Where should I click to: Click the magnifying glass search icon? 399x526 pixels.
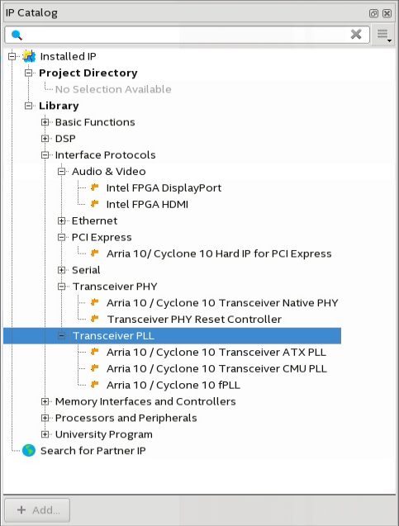17,35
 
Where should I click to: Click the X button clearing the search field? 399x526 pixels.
356,34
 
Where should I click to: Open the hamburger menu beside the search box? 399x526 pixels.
383,35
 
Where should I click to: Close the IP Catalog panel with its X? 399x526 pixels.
387,13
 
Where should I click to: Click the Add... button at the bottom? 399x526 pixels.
37,510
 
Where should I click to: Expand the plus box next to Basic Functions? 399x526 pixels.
45,122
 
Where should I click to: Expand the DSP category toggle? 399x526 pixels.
45,139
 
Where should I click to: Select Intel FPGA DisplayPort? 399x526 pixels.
164,188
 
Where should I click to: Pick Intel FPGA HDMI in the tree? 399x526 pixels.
147,204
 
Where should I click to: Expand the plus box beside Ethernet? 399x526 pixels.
61,220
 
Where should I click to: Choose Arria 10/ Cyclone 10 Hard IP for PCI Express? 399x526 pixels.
219,254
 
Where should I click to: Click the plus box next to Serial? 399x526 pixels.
61,270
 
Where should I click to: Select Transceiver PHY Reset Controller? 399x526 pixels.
194,320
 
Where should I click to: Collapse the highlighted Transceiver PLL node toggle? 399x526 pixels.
61,336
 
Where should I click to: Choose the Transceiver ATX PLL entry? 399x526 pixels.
216,353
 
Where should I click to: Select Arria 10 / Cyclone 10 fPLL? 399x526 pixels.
173,385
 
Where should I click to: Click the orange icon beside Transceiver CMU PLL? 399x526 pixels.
95,368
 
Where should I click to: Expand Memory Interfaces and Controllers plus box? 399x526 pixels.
45,401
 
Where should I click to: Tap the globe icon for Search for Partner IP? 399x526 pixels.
29,451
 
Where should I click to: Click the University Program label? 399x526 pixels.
104,434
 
